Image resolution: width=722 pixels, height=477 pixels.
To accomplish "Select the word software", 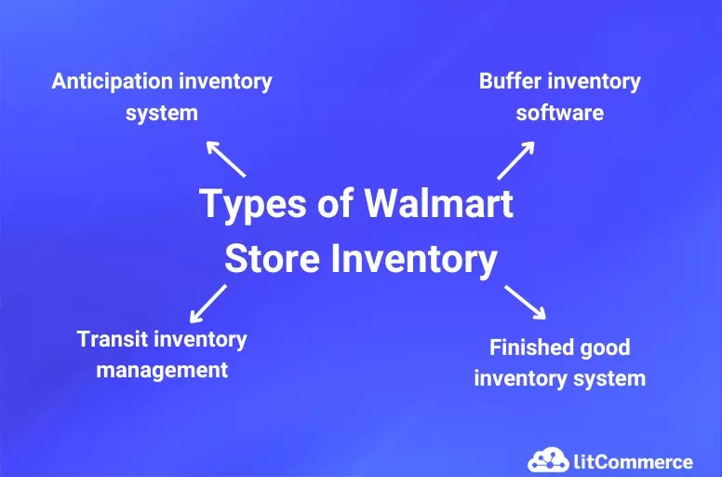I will (x=560, y=113).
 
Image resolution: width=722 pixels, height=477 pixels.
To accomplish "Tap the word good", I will (x=606, y=348).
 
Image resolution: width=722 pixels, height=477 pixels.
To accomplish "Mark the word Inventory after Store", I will (x=414, y=259).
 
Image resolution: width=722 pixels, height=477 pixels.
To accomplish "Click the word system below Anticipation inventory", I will (x=162, y=113).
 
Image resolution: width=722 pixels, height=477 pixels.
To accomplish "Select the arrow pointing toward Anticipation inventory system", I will (x=225, y=158).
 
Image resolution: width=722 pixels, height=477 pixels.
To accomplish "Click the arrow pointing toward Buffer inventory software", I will (x=515, y=159).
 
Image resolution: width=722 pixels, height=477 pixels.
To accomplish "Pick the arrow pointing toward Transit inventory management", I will (x=207, y=304).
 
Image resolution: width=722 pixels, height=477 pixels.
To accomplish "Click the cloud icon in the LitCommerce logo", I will (x=548, y=459).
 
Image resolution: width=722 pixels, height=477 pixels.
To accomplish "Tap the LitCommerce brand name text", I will (x=633, y=461).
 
